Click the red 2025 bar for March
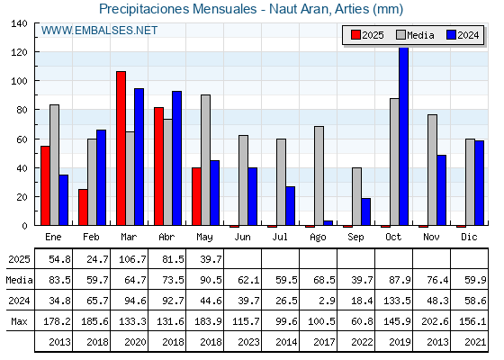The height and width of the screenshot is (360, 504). [121, 148]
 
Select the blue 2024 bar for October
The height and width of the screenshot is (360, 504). [404, 136]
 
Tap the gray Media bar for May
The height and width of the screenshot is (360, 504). [206, 160]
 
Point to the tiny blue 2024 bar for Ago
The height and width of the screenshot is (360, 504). [328, 223]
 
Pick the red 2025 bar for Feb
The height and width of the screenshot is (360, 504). [83, 207]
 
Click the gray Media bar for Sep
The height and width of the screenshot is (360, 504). [356, 196]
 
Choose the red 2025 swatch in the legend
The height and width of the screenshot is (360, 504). [355, 35]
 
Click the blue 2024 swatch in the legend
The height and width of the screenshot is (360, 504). [451, 35]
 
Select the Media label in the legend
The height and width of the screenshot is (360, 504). [420, 35]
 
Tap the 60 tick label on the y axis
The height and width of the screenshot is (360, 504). [21, 139]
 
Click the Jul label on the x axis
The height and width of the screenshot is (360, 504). [280, 237]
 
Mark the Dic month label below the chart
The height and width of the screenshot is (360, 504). [469, 237]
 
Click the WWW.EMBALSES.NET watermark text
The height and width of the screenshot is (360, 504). [99, 31]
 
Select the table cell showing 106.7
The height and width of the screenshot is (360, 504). [132, 259]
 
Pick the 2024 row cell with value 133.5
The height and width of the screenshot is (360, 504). [397, 301]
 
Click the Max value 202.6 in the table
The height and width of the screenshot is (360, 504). [435, 321]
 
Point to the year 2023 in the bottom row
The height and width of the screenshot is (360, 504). [248, 342]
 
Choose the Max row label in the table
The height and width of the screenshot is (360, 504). [19, 321]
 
